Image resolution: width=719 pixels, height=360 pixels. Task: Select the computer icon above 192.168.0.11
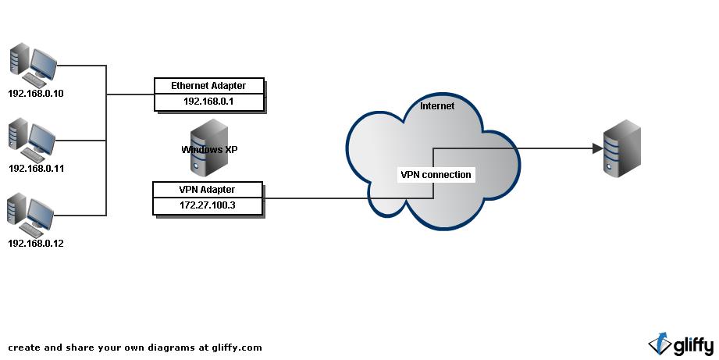[34, 139]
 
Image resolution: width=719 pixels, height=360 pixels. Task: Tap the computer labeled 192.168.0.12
[34, 215]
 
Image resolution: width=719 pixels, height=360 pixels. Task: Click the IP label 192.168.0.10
[36, 94]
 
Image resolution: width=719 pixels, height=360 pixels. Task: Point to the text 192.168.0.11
[36, 168]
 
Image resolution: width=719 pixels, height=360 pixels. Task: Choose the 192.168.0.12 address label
[36, 243]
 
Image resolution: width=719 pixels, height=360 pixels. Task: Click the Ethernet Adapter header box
[208, 85]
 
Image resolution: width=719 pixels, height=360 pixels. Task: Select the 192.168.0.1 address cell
[208, 102]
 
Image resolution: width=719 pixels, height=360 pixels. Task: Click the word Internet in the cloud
[437, 106]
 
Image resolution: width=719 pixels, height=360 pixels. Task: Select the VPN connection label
[436, 174]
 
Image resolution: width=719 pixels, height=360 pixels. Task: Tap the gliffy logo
[681, 344]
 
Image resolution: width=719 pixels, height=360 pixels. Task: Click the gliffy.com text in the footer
[237, 348]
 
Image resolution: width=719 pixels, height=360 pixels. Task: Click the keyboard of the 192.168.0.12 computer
[34, 230]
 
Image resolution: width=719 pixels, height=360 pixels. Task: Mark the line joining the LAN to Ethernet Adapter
[129, 94]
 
